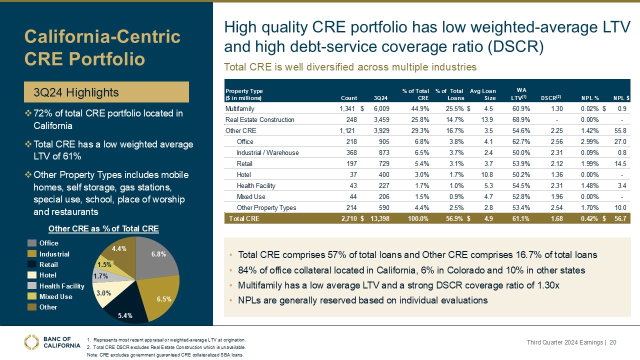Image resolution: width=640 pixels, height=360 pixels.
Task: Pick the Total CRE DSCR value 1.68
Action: click(555, 218)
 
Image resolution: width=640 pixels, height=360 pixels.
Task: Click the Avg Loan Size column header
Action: click(483, 94)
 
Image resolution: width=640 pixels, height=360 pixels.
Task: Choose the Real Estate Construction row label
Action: click(260, 119)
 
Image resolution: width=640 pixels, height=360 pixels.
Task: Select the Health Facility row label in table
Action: click(257, 185)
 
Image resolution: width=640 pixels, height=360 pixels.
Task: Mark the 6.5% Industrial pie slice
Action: click(160, 295)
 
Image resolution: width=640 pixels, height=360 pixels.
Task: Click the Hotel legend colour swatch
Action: click(31, 275)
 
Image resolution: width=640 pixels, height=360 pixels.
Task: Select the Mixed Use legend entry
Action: click(55, 296)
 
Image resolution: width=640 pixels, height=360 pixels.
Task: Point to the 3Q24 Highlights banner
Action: click(107, 92)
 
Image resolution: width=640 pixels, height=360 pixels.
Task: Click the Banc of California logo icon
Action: click(31, 342)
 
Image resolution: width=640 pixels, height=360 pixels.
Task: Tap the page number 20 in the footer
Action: click(612, 342)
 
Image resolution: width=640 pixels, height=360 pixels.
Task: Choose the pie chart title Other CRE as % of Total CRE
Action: click(103, 229)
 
